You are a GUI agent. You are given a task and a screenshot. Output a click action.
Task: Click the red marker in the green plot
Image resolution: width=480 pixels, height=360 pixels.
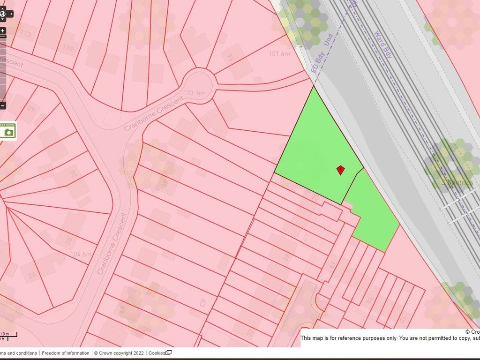[x=341, y=170]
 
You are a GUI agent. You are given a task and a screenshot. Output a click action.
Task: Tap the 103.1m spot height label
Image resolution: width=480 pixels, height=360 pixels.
[x=195, y=93]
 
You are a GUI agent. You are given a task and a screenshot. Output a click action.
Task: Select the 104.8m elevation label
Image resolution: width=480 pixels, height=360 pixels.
[x=81, y=255]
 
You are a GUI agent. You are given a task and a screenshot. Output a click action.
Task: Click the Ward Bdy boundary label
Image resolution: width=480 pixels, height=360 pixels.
[x=383, y=45]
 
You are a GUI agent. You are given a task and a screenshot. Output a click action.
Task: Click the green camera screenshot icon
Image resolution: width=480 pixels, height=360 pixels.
[x=8, y=131]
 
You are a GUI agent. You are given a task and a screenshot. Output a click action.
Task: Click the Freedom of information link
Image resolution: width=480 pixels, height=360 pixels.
[x=66, y=353]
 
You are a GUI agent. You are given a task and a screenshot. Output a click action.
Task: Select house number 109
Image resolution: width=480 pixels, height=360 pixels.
[x=68, y=48]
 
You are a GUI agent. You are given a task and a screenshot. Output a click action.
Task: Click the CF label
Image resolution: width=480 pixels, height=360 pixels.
[x=202, y=304]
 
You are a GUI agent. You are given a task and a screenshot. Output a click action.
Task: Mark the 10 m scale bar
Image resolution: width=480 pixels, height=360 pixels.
[x=8, y=336]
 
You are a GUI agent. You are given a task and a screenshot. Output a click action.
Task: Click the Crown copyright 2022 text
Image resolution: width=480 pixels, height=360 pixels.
[x=119, y=353]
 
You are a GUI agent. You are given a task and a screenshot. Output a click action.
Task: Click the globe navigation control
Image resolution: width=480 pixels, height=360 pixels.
[x=3, y=14]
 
